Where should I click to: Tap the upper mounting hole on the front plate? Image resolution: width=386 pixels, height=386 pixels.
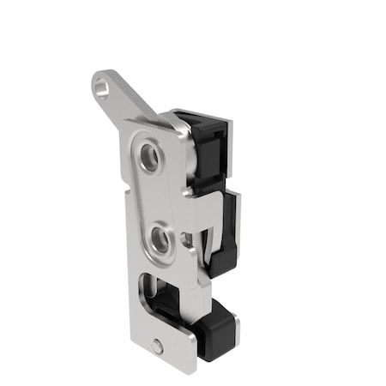click(150, 155)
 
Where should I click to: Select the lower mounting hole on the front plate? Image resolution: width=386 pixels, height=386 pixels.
click(160, 237)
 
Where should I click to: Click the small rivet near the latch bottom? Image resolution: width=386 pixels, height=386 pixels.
click(158, 347)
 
